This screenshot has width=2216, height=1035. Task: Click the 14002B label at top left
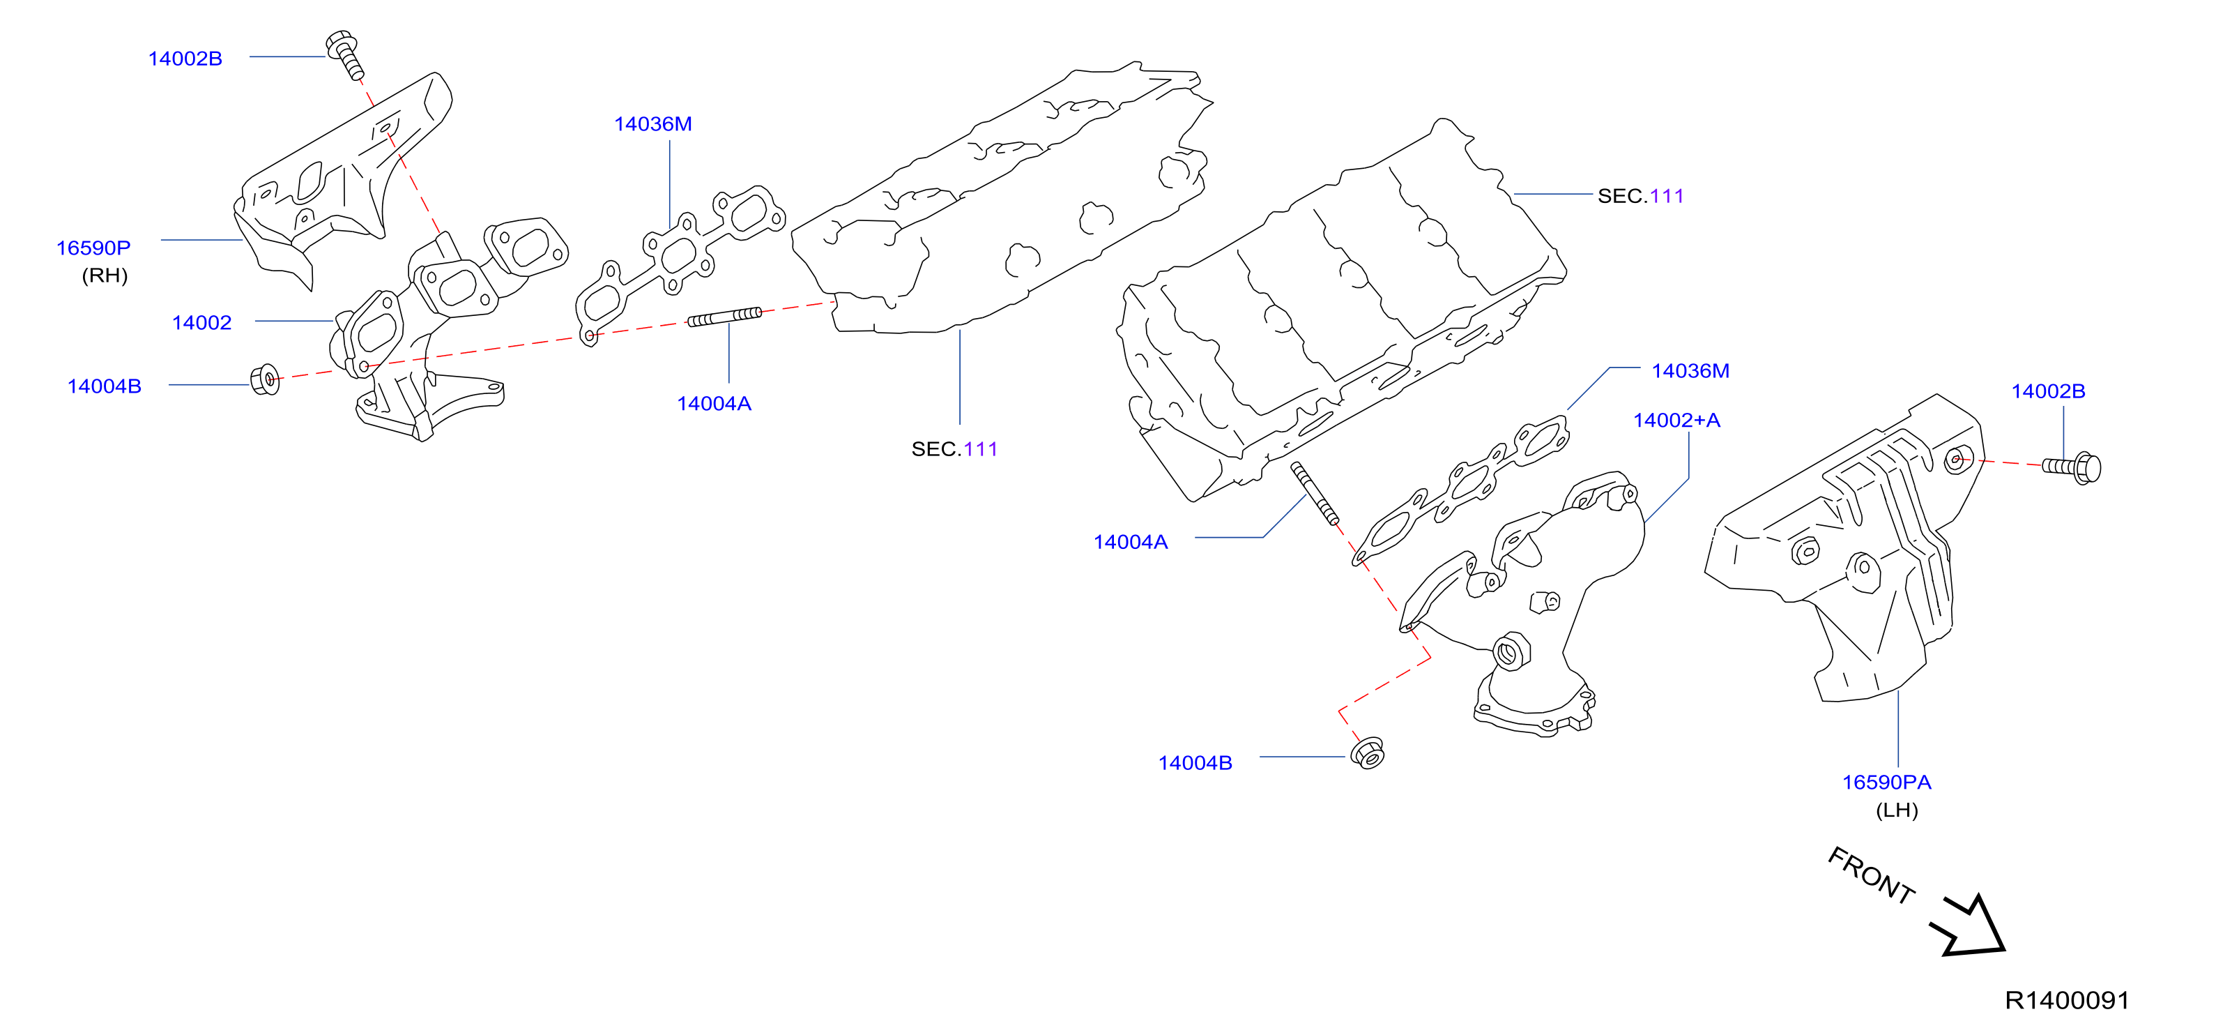coord(185,59)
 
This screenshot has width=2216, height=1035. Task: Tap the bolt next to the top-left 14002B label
coord(345,55)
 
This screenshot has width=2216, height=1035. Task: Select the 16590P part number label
coord(93,248)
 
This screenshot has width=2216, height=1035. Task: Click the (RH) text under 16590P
coord(105,275)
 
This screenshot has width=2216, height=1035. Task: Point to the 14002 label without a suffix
coord(201,323)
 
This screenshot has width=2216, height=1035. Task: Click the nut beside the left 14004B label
coord(265,379)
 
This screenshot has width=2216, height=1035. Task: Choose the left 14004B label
coord(104,386)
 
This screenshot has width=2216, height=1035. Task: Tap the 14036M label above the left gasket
coord(653,124)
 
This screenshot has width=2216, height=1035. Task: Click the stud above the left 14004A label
coord(725,317)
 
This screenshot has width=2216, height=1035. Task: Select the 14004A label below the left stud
coord(714,404)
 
